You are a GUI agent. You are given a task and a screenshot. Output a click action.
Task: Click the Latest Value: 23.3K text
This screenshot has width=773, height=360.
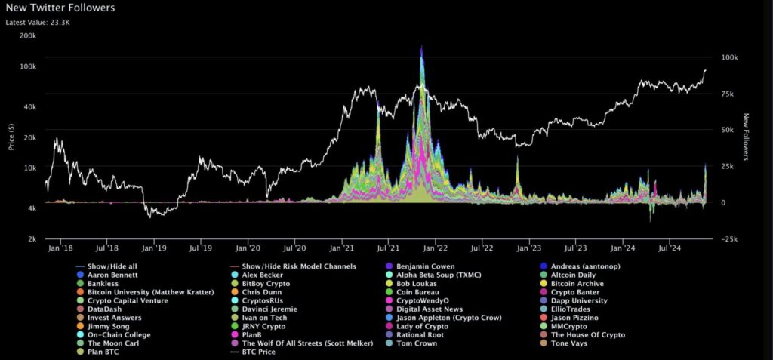38,23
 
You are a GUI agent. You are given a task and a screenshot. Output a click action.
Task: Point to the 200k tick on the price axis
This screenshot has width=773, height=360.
28,36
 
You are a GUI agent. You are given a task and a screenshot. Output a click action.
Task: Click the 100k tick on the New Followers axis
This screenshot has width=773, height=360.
731,57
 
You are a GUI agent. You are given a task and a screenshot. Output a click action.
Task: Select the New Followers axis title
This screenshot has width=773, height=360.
746,137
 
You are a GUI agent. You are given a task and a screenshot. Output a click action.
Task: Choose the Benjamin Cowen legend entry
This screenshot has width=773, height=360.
424,266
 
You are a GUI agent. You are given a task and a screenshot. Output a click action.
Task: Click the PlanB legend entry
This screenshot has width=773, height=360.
253,334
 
